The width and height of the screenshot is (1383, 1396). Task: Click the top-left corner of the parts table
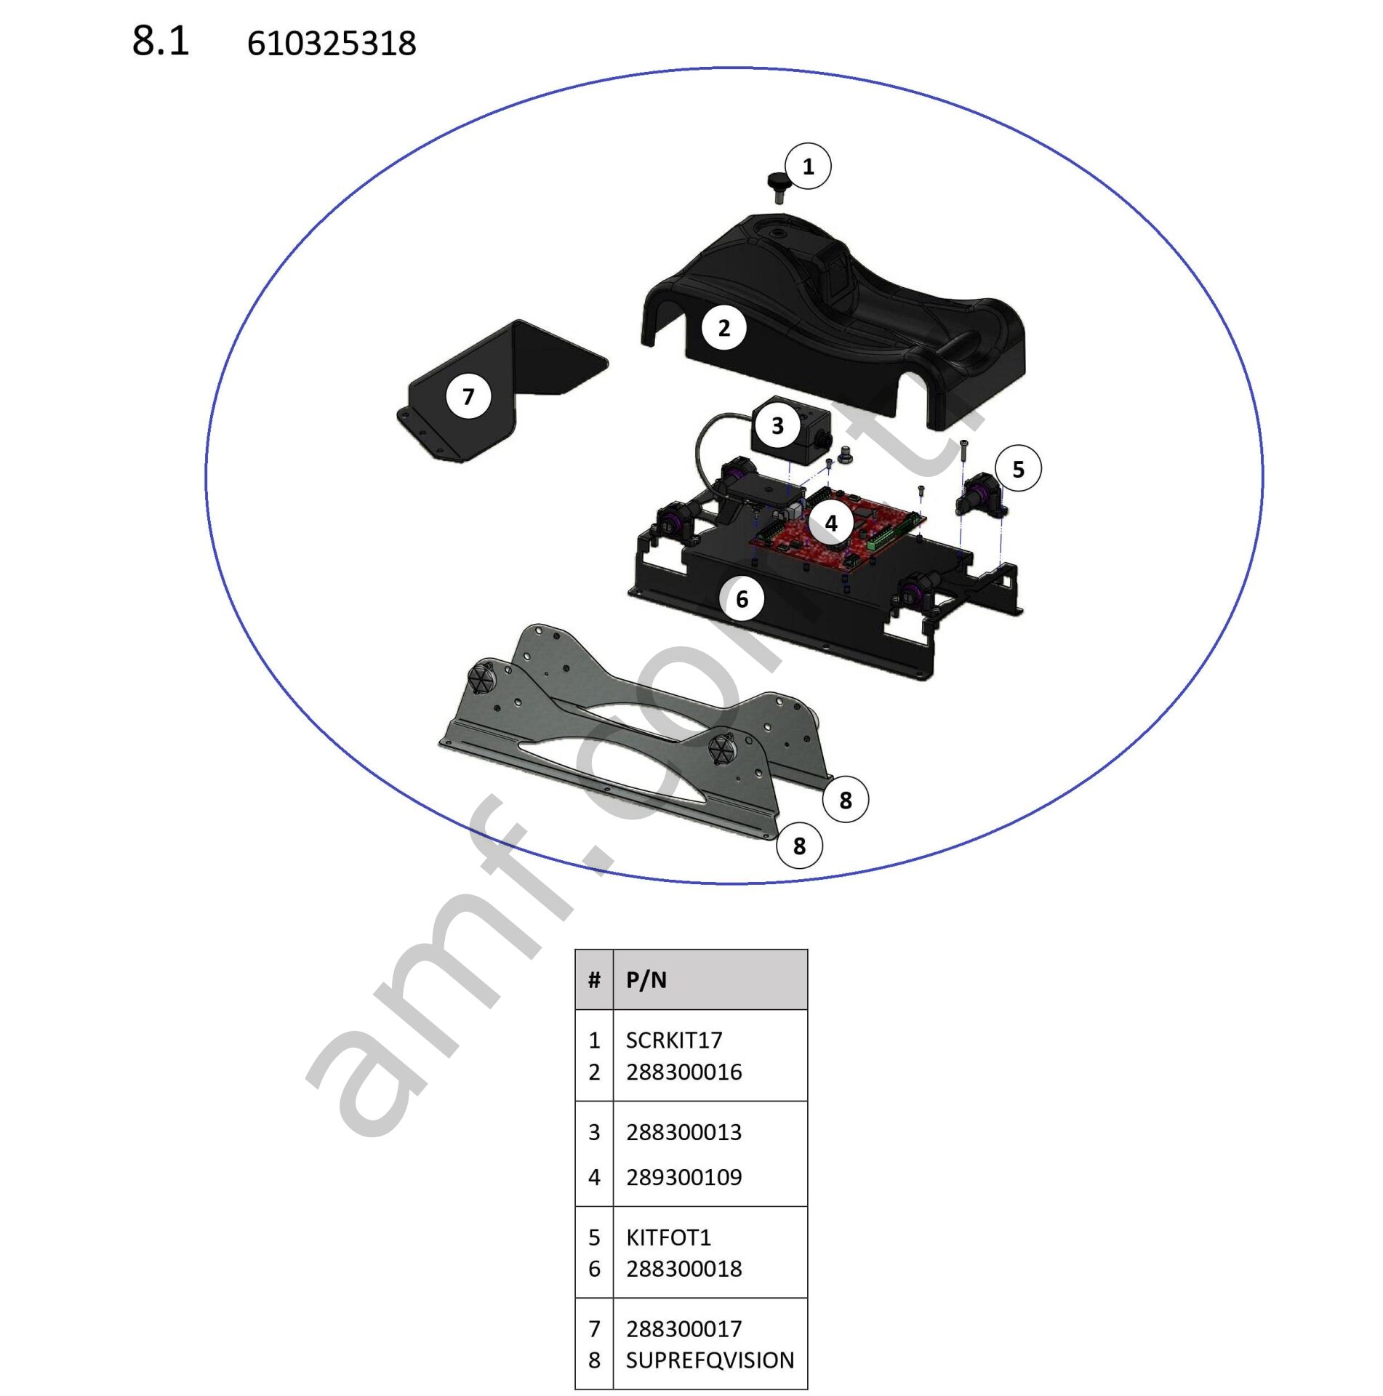[575, 950]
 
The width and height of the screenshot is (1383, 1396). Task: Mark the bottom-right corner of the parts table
[808, 1389]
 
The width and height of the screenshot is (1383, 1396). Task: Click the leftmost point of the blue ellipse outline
[206, 476]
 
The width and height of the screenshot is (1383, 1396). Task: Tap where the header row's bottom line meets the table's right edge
[808, 1010]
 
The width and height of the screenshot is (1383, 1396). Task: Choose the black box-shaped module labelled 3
[788, 432]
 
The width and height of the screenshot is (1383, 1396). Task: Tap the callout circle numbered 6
[742, 599]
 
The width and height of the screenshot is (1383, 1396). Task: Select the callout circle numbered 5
[1018, 469]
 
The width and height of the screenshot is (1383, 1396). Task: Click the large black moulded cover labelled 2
[833, 321]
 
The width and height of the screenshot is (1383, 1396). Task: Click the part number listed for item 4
[684, 1177]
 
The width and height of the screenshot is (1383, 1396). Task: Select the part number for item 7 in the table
[684, 1328]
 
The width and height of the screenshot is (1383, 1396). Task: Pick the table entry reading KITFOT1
[668, 1237]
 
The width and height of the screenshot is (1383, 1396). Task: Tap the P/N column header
[646, 980]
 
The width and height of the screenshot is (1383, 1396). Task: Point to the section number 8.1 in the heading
[161, 41]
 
